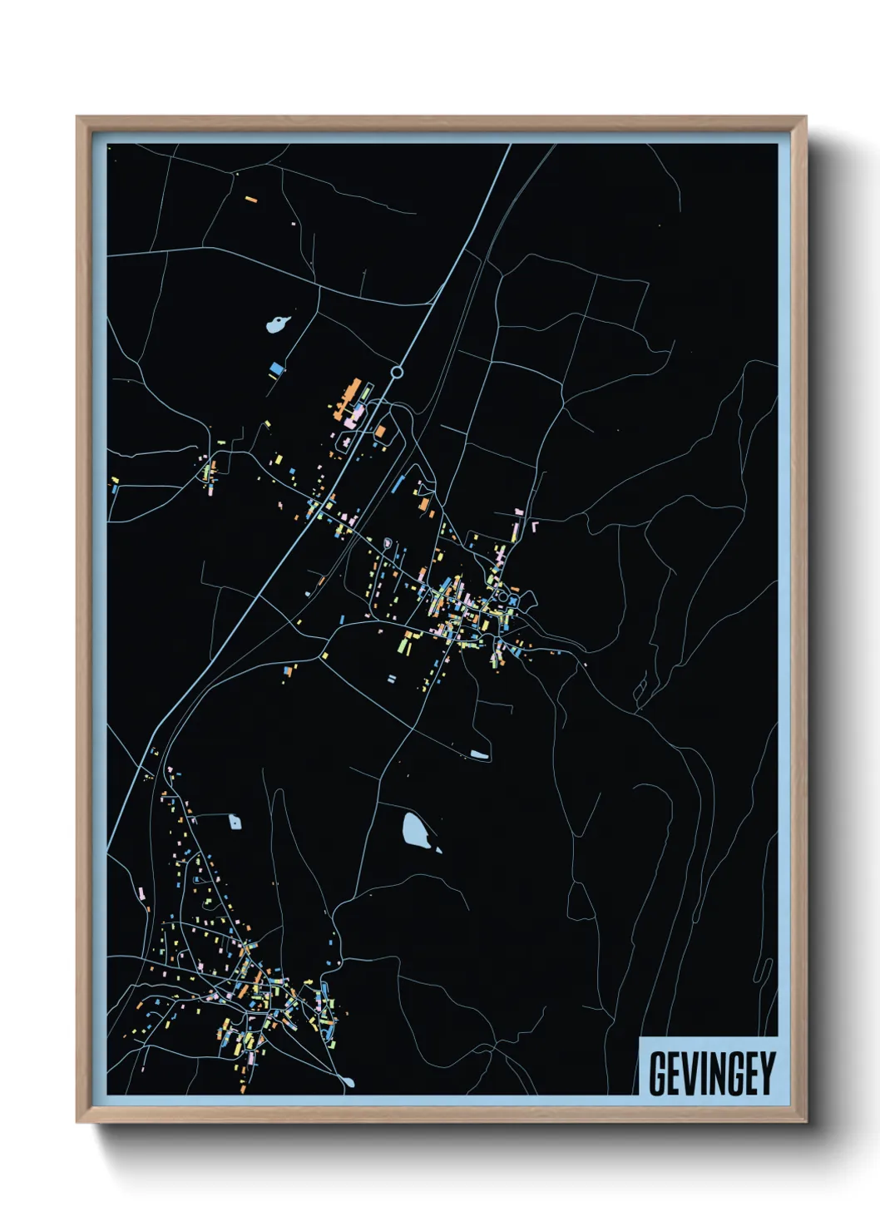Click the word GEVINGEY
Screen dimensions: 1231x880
tap(711, 1073)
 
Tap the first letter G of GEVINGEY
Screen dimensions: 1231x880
tap(658, 1073)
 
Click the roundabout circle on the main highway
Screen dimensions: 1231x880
tap(398, 373)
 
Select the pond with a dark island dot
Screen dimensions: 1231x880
tap(277, 323)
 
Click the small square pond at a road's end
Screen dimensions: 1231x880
tap(235, 823)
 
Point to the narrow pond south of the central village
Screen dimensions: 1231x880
tap(479, 754)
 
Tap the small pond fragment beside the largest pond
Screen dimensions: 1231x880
tap(438, 849)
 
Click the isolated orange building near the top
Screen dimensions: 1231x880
tap(251, 200)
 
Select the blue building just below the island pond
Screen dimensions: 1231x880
tap(276, 367)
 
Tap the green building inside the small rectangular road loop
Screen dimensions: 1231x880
tap(210, 471)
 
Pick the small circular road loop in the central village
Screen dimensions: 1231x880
tap(502, 596)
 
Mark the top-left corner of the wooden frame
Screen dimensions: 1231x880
tap(77, 117)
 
